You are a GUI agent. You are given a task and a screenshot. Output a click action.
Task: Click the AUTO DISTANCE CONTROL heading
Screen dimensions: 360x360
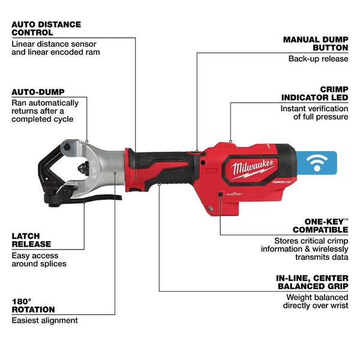pos(46,28)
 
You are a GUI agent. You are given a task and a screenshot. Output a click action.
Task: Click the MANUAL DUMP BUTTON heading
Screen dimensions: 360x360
pos(316,44)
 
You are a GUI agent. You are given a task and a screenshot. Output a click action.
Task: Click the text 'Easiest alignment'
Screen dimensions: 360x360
pos(44,320)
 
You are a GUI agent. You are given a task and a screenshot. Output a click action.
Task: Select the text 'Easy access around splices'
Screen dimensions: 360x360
pos(39,259)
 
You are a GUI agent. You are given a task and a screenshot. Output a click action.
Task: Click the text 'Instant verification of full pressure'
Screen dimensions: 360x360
pos(314,113)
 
